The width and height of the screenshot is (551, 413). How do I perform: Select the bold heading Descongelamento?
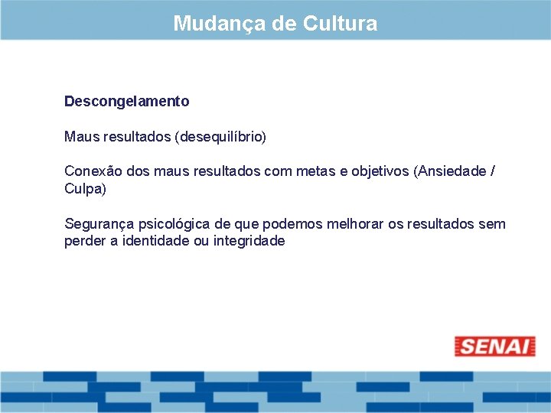click(x=127, y=101)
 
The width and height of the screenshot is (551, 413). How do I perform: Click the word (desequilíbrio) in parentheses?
click(x=220, y=138)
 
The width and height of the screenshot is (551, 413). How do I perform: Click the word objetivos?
click(x=380, y=171)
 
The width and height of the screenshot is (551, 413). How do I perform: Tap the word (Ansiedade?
click(x=449, y=171)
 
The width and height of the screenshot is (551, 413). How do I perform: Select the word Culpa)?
click(x=85, y=188)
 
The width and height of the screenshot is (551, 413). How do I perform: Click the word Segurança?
click(x=97, y=224)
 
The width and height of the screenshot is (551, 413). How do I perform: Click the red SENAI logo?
click(x=494, y=346)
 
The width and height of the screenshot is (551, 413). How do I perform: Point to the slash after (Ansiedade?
click(x=492, y=171)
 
